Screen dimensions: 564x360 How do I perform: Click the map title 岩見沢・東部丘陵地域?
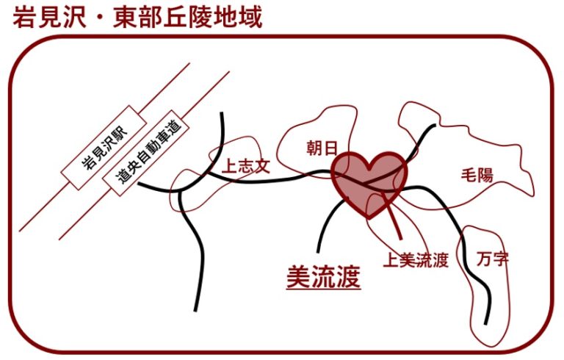pos(137,18)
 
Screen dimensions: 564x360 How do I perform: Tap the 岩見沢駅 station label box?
pos(104,148)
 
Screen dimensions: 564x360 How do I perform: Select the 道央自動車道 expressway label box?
pos(146,153)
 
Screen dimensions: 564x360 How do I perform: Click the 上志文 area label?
pos(246,166)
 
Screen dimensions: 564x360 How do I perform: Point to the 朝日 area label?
pos(322,148)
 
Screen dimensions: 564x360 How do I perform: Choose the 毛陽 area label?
pos(477,175)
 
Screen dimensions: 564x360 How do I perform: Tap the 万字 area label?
pos(493,259)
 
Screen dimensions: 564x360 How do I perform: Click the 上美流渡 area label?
pos(416,260)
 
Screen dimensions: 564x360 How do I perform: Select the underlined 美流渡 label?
pos(323,276)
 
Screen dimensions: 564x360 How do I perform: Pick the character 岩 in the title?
pos(24,18)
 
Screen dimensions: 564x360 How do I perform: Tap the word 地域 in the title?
pos(238,18)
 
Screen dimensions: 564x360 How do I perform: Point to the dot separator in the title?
pos(100,18)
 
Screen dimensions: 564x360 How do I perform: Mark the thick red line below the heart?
pos(392,215)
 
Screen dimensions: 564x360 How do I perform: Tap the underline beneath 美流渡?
pos(323,288)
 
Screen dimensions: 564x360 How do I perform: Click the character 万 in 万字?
pos(484,259)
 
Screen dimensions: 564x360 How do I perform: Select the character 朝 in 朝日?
pos(314,148)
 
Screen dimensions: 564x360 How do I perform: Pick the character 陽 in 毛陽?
pos(485,176)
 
